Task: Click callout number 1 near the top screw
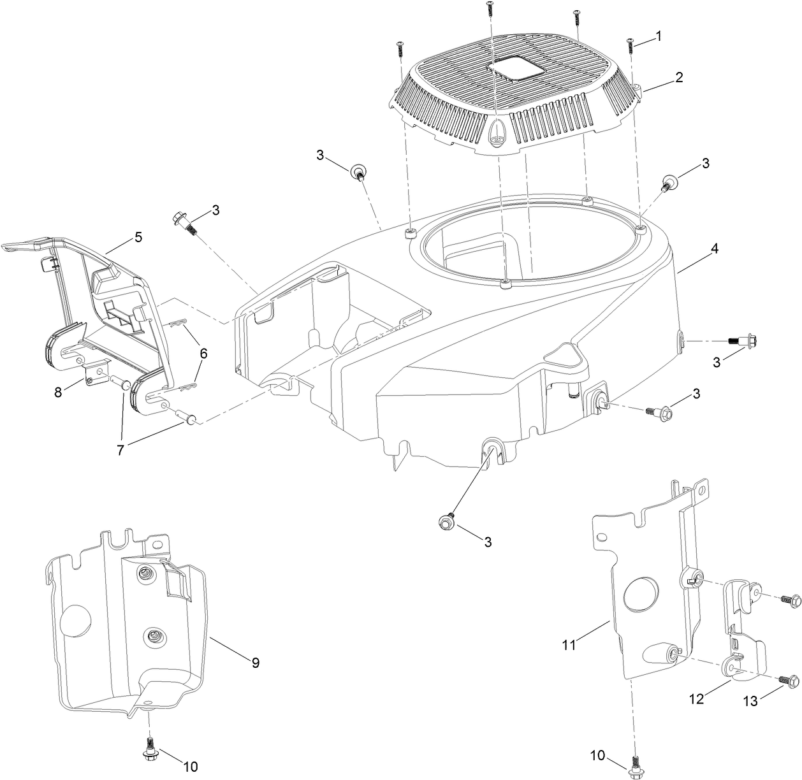tap(659, 36)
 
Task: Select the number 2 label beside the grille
tap(679, 78)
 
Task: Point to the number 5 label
tap(138, 237)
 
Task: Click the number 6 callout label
tap(203, 352)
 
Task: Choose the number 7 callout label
tap(120, 448)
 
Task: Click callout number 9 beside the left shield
tap(255, 663)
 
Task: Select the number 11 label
tap(569, 645)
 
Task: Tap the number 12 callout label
tap(696, 699)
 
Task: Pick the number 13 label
tap(750, 701)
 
